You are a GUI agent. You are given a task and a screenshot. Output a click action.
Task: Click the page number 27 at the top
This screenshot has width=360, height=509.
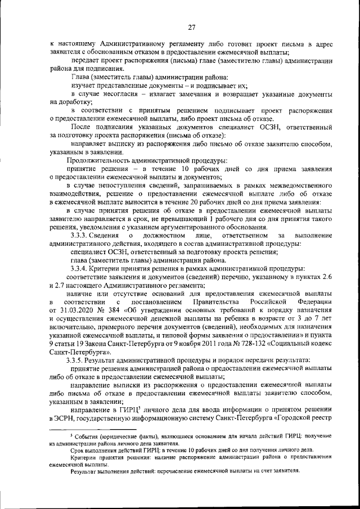[x=191, y=26]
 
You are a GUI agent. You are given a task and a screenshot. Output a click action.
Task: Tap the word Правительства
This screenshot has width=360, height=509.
[x=204, y=301]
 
